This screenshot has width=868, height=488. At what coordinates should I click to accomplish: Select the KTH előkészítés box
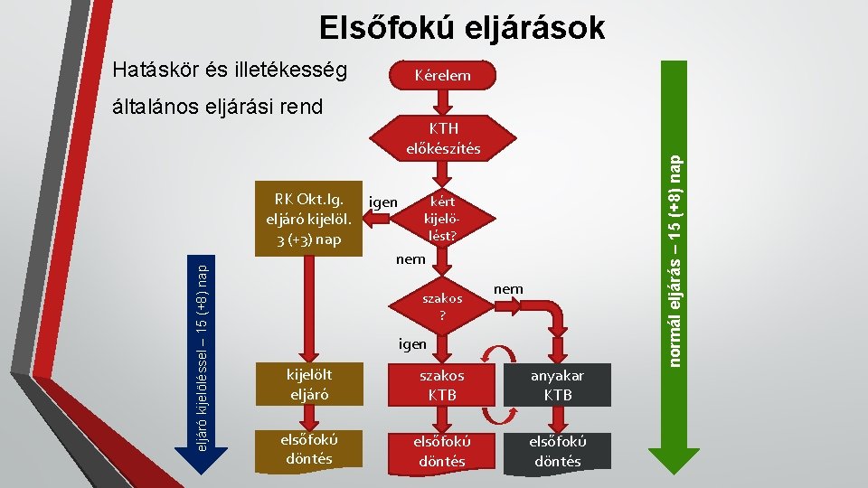point(443,137)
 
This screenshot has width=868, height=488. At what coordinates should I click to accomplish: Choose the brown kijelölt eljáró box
point(307,384)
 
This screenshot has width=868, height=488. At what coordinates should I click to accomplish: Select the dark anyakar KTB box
point(558,384)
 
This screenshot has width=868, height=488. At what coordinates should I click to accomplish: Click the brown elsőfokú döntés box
point(307,450)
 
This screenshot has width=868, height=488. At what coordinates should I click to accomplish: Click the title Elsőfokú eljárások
point(462,29)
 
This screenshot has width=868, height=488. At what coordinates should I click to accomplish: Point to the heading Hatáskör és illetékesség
point(227,69)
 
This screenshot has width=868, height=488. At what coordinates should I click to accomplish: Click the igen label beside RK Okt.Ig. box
point(383,202)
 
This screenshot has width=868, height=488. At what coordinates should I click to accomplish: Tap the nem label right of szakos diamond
point(508,288)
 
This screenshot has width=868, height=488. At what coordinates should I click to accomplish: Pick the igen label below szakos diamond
point(412,343)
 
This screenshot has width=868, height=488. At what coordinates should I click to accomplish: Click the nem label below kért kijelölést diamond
point(411,260)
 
